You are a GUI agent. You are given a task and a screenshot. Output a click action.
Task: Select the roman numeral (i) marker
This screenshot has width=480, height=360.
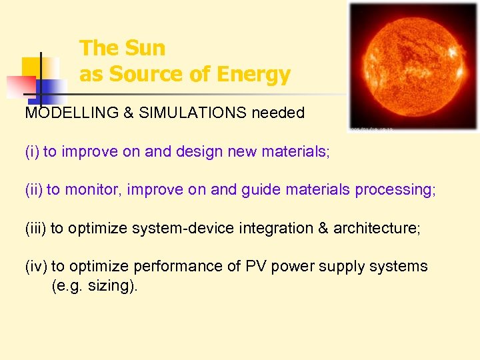(32, 151)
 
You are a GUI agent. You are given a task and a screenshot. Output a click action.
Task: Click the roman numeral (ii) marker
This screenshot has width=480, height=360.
(34, 190)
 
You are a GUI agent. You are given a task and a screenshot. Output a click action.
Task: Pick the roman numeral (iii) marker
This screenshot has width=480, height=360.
(35, 228)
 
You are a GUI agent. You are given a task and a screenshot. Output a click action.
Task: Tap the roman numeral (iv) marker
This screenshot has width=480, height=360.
(36, 266)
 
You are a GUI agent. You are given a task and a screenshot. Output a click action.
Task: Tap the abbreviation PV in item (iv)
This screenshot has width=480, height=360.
(256, 266)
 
